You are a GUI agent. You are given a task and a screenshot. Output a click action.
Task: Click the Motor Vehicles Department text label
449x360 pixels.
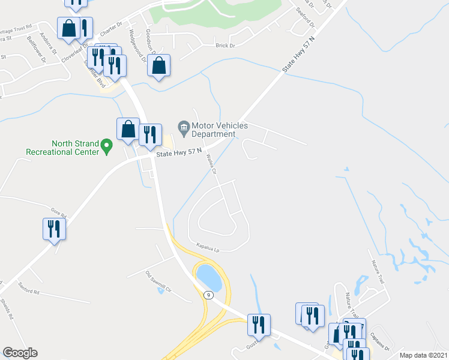[213, 130]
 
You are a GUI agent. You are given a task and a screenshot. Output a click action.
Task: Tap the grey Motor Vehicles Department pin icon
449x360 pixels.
[184, 126]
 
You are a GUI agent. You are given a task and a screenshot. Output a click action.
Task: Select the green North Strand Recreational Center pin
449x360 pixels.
[107, 145]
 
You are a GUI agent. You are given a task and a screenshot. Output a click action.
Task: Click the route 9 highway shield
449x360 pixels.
[208, 295]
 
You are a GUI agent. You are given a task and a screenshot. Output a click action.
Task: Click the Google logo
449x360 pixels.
[20, 353]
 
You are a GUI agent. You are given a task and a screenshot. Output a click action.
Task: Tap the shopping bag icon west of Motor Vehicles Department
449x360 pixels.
[128, 128]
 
